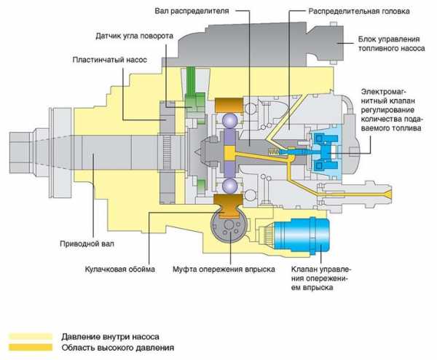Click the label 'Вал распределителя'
[x=193, y=12]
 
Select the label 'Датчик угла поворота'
[x=135, y=35]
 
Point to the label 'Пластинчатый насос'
[x=109, y=59]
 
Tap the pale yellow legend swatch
[x=31, y=337]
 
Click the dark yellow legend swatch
[x=31, y=348]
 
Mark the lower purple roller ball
[x=232, y=187]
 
